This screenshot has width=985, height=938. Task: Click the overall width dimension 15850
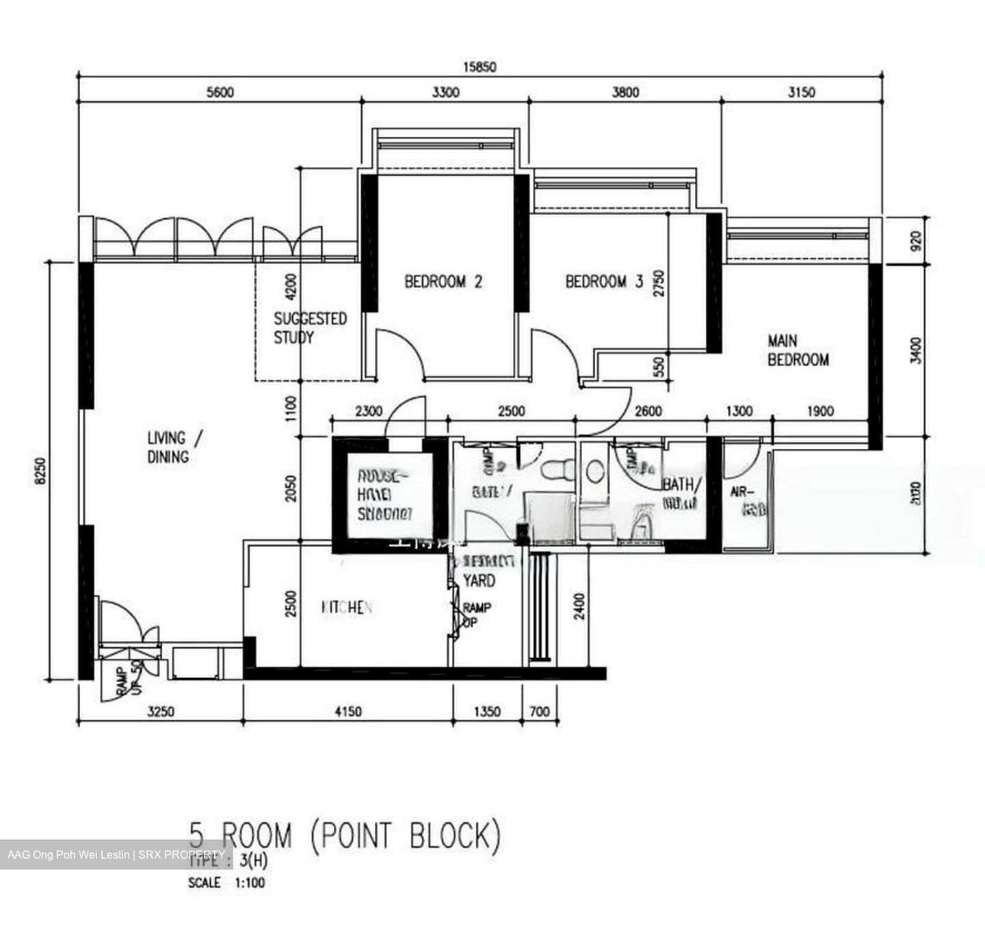[479, 67]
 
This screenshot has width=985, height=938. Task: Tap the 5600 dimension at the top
[220, 92]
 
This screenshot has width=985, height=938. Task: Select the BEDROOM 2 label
[443, 281]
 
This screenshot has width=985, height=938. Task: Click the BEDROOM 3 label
[604, 281]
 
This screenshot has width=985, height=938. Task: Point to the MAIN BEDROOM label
[798, 350]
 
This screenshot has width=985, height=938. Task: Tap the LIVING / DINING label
[174, 447]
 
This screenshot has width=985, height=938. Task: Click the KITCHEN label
[347, 608]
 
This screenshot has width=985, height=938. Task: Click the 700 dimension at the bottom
[540, 712]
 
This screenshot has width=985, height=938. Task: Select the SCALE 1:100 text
[226, 883]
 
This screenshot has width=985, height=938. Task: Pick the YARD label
[479, 581]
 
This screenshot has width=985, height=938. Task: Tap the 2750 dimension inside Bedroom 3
[658, 282]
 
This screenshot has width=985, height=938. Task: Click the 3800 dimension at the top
[625, 92]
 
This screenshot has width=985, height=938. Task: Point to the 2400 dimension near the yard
[579, 606]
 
